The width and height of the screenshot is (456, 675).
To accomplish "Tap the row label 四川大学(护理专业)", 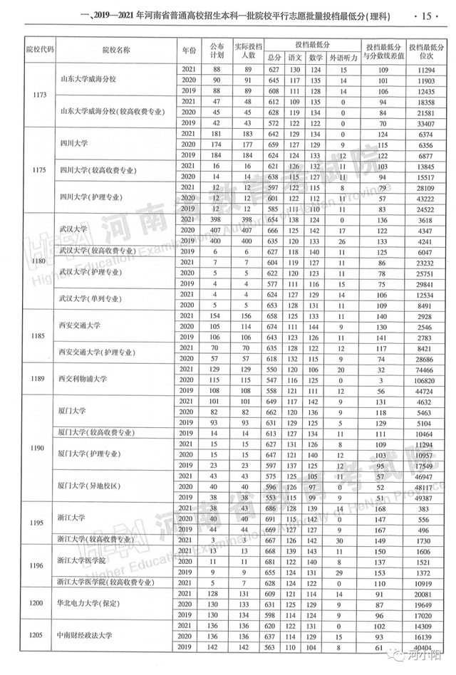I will [x=91, y=198].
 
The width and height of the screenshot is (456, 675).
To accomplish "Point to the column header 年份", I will [x=188, y=50].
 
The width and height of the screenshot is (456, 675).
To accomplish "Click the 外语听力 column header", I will [x=343, y=57].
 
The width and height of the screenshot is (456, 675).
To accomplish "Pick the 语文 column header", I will [x=295, y=57].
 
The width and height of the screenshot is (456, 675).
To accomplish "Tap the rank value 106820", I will [x=425, y=380].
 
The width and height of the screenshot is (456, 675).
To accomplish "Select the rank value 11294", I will [x=425, y=70].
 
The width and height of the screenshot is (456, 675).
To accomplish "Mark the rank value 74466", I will [x=425, y=370].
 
